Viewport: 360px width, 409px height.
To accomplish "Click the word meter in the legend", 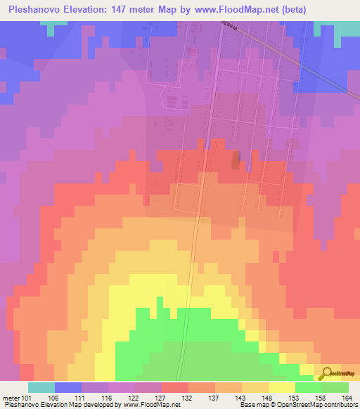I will point(11,398).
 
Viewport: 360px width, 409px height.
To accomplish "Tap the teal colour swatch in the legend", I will point(41,387).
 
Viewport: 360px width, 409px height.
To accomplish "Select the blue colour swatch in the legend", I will point(67,387).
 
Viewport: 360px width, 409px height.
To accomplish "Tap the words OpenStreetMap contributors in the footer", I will point(323,405).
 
